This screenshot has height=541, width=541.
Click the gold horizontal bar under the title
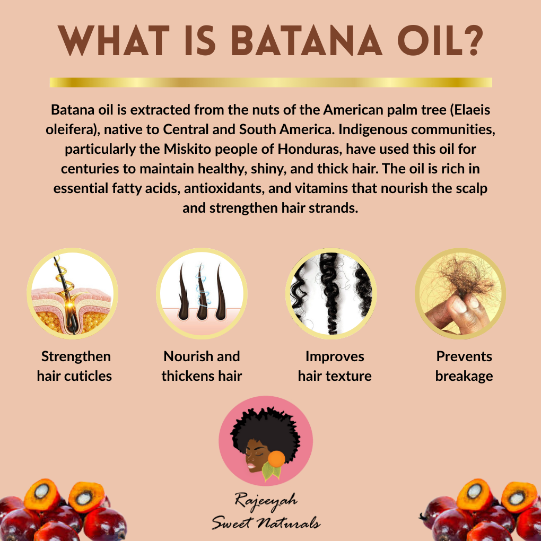[x=270, y=82]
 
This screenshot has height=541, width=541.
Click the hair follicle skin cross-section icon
[x=73, y=294]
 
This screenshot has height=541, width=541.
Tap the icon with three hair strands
[x=202, y=294]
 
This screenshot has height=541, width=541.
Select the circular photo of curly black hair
[x=331, y=294]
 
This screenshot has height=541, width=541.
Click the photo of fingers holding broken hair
[x=460, y=294]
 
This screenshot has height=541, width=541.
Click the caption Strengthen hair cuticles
[x=75, y=366]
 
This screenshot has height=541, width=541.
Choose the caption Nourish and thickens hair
[x=202, y=366]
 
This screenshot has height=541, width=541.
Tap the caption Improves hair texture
[x=335, y=366]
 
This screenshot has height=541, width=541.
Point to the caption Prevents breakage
[x=464, y=366]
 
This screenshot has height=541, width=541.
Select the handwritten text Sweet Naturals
[x=265, y=522]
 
